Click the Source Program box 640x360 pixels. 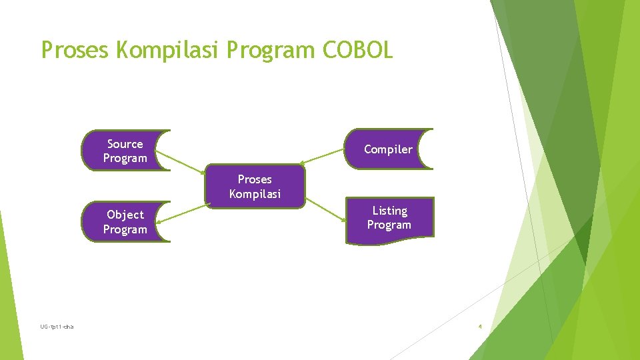[x=125, y=151]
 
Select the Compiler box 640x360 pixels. [x=389, y=149]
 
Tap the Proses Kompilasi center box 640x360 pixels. [x=255, y=187]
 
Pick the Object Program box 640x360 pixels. [x=125, y=222]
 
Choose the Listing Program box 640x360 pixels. [x=389, y=218]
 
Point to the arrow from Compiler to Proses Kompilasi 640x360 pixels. [x=323, y=157]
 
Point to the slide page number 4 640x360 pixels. [x=480, y=327]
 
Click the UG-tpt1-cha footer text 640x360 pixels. [x=57, y=327]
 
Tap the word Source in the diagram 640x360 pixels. [x=125, y=144]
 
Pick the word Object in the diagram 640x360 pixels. [x=125, y=215]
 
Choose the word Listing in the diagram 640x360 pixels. [x=389, y=211]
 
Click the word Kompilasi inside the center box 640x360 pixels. [x=255, y=194]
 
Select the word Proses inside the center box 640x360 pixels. [x=255, y=179]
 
